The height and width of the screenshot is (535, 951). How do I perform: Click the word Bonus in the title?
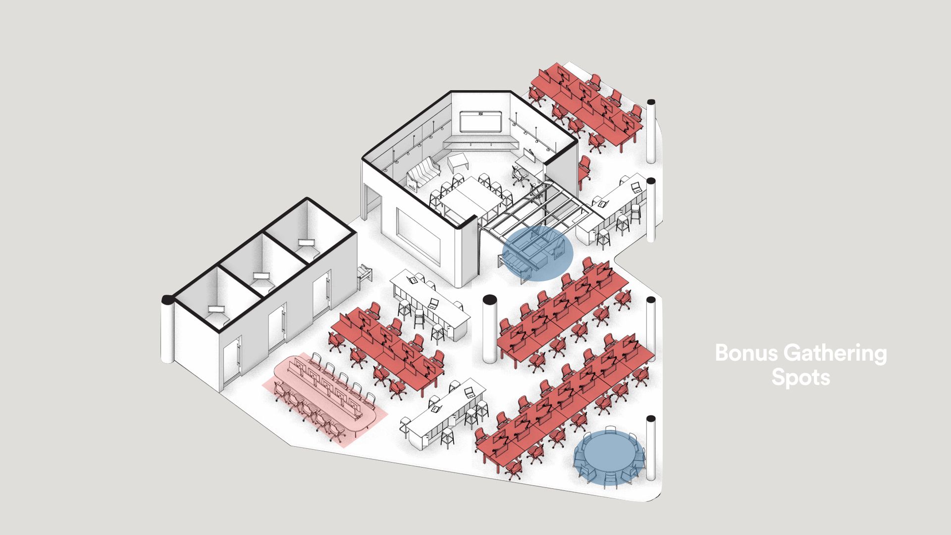click(x=747, y=353)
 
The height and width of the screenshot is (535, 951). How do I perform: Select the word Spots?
click(x=800, y=378)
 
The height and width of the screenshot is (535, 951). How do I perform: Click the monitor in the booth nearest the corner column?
click(x=216, y=309)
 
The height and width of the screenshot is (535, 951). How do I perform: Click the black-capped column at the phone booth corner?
click(x=167, y=329)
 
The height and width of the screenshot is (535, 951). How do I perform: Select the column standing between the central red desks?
click(x=490, y=329)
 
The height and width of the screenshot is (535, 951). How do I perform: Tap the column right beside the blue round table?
click(x=651, y=448)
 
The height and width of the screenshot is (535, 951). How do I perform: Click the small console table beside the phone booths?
click(x=365, y=272)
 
